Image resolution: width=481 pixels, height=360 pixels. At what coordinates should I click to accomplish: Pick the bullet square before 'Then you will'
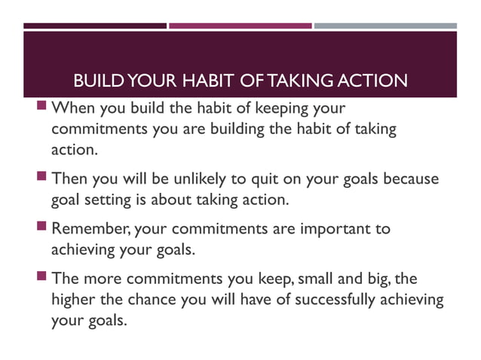44,179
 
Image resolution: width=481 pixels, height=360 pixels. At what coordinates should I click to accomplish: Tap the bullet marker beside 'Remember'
44,227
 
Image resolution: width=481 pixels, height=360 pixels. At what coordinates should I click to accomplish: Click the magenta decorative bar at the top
240,26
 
